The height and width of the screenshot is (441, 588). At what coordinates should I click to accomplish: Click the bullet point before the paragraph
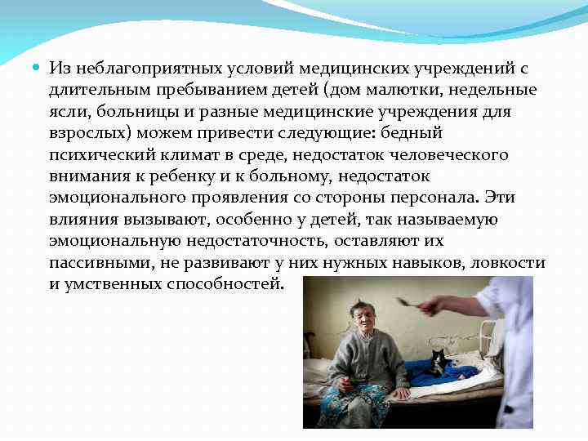click(x=38, y=68)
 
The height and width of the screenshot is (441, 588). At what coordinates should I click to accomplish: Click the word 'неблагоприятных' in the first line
click(x=136, y=68)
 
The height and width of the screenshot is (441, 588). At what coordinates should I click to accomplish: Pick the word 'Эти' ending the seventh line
click(x=500, y=198)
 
